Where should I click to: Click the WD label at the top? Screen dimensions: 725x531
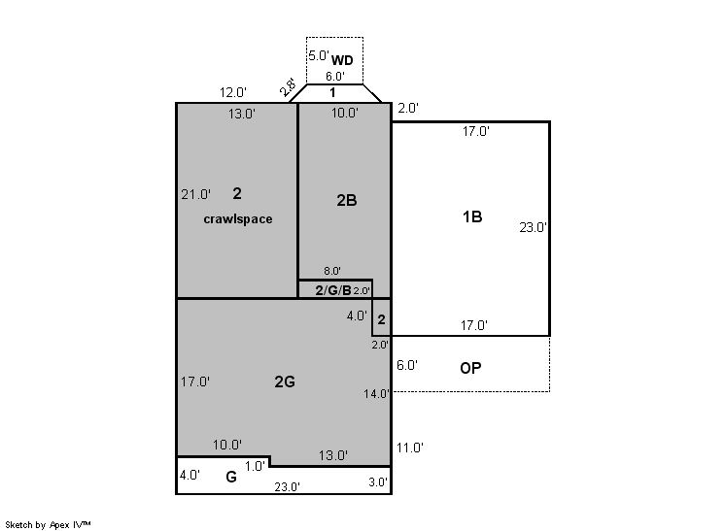point(342,60)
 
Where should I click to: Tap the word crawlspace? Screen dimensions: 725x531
point(238,218)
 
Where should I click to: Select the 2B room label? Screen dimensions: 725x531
point(346,200)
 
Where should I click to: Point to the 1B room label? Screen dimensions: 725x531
point(472,216)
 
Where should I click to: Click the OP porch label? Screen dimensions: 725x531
point(470,368)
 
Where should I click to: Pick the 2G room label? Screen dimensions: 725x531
point(285,382)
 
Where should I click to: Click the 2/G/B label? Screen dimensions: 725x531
point(333,290)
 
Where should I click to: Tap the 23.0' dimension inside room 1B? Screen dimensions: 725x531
point(534,227)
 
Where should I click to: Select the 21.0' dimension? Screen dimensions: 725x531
point(195,194)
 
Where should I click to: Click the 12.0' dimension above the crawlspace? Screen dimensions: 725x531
point(232,92)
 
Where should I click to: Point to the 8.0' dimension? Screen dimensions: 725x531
point(332,271)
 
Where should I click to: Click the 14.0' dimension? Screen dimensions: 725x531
point(376,394)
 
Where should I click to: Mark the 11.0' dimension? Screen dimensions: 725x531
point(410,448)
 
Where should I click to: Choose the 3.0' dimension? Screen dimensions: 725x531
point(378,482)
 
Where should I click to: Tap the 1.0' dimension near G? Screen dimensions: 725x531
point(255,466)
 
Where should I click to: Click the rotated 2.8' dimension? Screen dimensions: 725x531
point(288,86)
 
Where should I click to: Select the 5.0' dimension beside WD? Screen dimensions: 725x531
point(319,55)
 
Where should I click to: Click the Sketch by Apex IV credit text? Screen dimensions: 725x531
point(48,524)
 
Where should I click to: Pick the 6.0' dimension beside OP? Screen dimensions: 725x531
point(407,365)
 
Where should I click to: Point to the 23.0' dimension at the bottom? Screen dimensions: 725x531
point(287,486)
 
